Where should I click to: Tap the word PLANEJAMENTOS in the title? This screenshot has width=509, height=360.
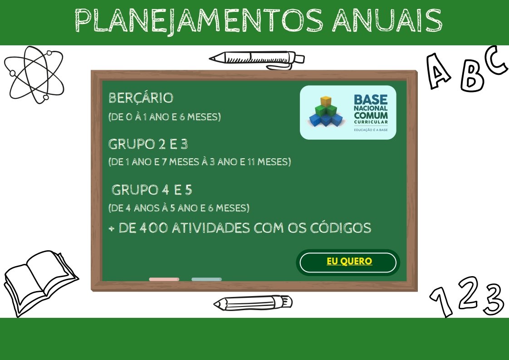(199, 21)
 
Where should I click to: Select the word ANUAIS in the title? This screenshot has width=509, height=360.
(387, 20)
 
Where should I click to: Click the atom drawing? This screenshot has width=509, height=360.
(34, 75)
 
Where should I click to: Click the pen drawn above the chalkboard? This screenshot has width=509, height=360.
(257, 60)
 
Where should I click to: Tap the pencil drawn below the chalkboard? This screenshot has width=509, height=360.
(253, 303)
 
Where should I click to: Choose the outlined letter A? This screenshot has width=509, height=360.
(438, 71)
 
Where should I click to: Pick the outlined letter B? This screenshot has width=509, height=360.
(473, 77)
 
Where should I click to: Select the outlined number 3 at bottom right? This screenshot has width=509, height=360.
(494, 299)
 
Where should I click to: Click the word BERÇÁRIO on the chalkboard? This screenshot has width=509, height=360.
(141, 98)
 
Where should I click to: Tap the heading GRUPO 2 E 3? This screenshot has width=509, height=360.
(148, 144)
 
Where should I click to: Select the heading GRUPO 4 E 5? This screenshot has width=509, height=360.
(152, 190)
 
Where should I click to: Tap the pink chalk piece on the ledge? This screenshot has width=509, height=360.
(164, 279)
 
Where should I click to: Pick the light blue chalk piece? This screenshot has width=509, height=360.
(206, 279)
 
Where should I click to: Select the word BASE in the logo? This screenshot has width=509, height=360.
(371, 100)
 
